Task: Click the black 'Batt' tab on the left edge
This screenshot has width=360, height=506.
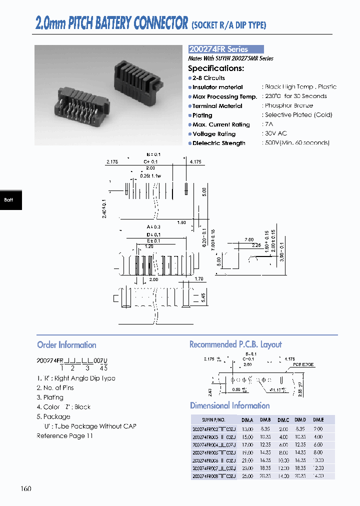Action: (x=10, y=200)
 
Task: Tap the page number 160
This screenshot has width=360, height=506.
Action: (x=26, y=488)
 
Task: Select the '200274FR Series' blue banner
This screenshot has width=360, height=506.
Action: (x=225, y=49)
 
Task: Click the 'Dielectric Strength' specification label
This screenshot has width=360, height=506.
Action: (x=219, y=143)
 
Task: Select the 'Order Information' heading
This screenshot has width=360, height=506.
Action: (x=66, y=345)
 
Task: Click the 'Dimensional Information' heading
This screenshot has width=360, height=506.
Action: (x=229, y=405)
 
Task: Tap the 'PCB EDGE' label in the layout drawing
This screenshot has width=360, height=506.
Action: (x=303, y=364)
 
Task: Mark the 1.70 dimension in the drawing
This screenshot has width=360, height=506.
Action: (x=198, y=279)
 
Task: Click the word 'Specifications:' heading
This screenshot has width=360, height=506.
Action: (x=216, y=68)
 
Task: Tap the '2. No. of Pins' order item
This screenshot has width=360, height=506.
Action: (x=55, y=387)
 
